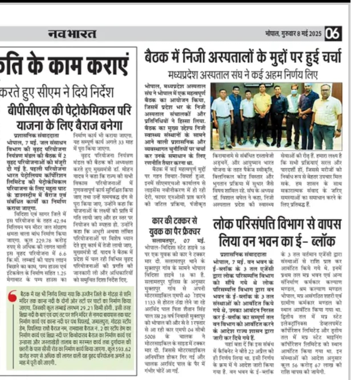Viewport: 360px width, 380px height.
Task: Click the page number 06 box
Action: point(333,34)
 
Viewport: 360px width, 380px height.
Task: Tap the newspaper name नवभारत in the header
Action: point(72,34)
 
